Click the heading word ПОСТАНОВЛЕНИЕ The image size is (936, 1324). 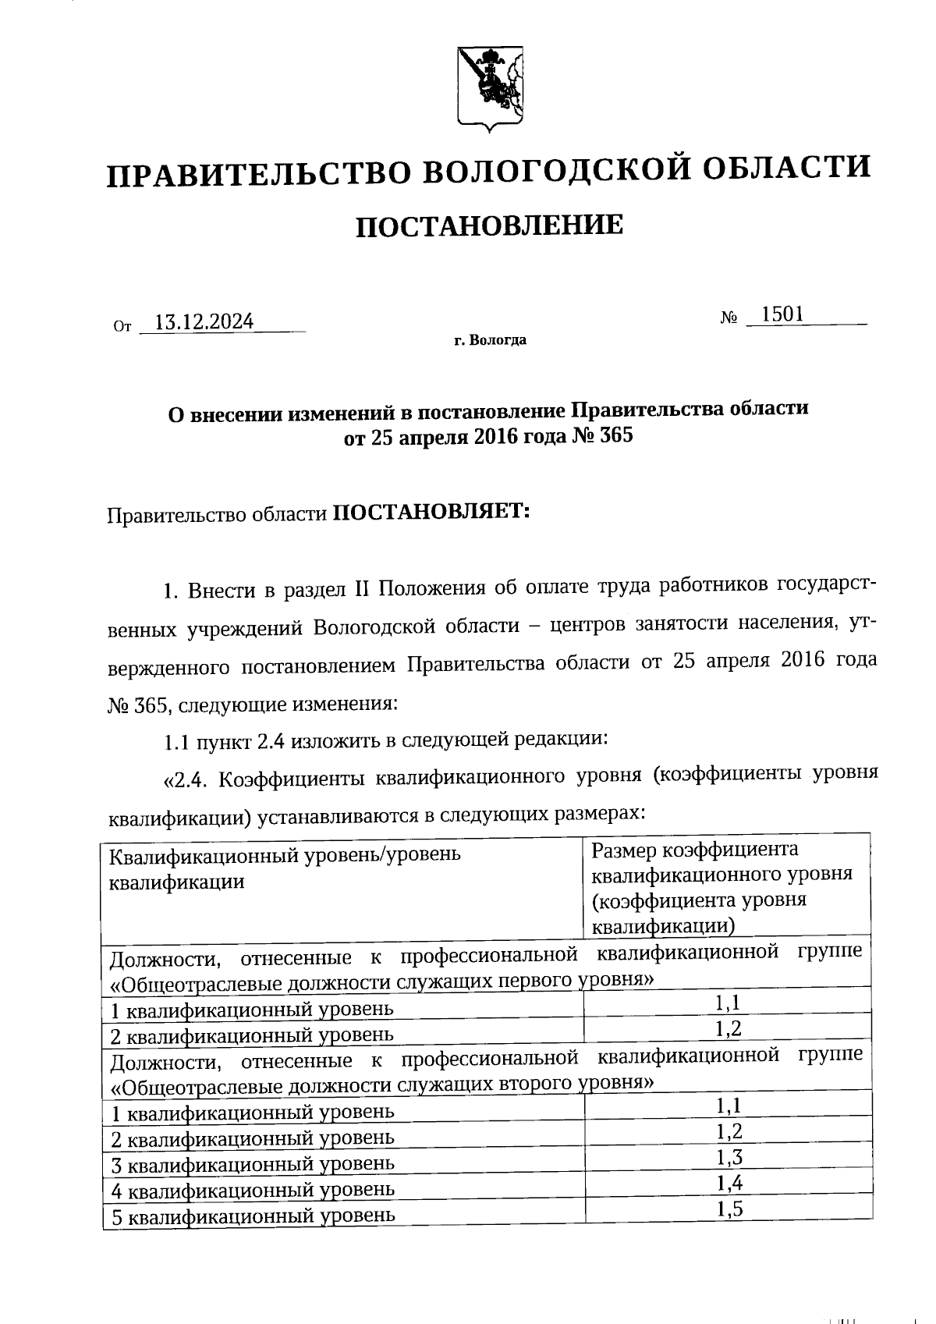point(490,226)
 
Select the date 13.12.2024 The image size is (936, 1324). point(204,321)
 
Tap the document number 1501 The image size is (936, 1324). point(782,314)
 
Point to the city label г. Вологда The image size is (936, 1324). point(490,340)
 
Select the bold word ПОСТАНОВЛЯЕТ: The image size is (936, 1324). point(431,512)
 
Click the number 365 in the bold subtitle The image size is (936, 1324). point(615,435)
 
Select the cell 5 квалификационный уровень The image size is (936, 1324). point(253,1216)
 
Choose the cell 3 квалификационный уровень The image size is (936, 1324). point(253,1164)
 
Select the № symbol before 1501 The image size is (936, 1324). point(729,318)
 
